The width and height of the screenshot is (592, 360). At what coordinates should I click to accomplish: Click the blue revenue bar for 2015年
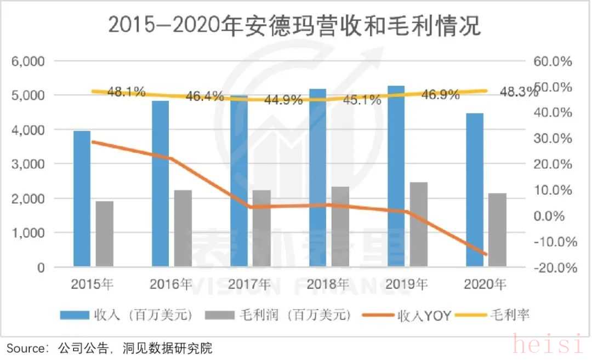(x=82, y=199)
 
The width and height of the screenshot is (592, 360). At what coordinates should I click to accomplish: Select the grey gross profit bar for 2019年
(x=418, y=225)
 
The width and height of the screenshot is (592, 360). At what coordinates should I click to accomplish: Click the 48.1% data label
(x=127, y=92)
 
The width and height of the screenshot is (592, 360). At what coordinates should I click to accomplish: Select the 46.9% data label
(x=441, y=95)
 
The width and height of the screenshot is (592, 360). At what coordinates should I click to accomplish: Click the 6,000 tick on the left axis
(x=28, y=61)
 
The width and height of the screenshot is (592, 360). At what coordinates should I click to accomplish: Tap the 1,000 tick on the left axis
(x=28, y=233)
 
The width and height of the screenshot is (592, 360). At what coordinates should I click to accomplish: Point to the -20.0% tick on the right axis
(x=556, y=268)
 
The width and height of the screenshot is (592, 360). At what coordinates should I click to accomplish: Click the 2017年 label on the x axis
(x=249, y=284)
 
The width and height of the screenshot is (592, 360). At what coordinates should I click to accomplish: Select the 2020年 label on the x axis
(x=485, y=284)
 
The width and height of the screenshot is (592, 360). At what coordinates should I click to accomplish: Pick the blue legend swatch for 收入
(x=74, y=315)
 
